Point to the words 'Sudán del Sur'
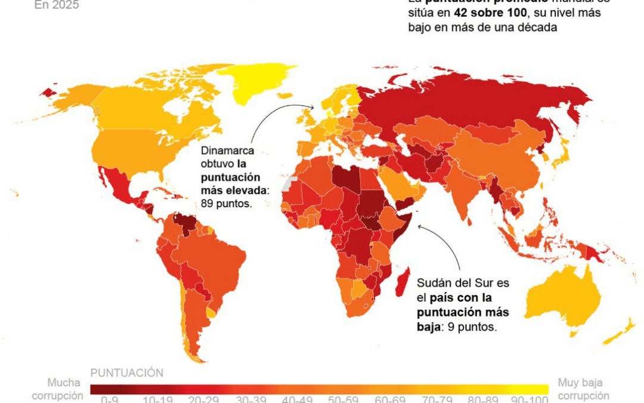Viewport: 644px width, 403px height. [x=446, y=283]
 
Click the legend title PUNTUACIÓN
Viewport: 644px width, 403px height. [x=126, y=373]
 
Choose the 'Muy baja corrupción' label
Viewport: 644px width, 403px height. [x=583, y=389]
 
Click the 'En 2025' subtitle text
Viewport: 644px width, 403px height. [x=57, y=5]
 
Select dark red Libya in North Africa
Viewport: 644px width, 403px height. [x=346, y=179]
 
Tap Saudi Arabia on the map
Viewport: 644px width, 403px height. [x=397, y=182]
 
